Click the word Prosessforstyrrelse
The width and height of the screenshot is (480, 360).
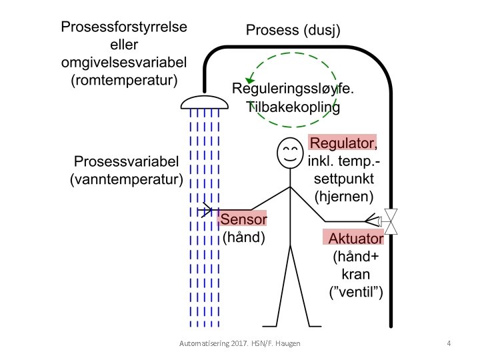pyautogui.click(x=124, y=28)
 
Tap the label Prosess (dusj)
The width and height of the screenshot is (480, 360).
pyautogui.click(x=293, y=30)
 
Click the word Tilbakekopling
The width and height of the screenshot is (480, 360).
pyautogui.click(x=294, y=107)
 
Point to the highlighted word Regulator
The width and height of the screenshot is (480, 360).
pyautogui.click(x=345, y=143)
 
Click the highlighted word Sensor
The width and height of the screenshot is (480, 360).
pyautogui.click(x=243, y=220)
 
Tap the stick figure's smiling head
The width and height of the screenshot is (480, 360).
pyautogui.click(x=289, y=154)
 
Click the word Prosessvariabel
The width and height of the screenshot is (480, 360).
pyautogui.click(x=127, y=162)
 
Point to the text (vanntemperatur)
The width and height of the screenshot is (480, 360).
pyautogui.click(x=127, y=179)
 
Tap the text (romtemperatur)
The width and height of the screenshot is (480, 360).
pyautogui.click(x=124, y=81)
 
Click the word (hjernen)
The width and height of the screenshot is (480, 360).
pyautogui.click(x=343, y=196)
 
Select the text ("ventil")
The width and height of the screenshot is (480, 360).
pyautogui.click(x=356, y=291)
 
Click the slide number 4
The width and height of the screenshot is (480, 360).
pyautogui.click(x=449, y=343)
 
